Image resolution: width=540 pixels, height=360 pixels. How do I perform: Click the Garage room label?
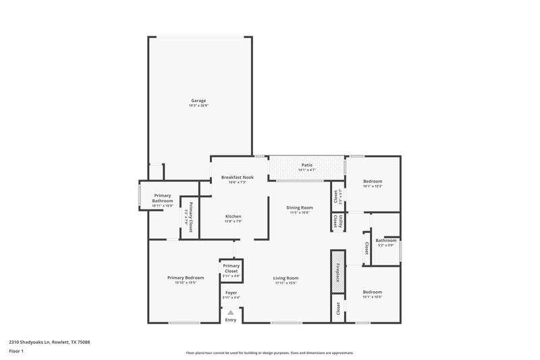[x=198, y=101]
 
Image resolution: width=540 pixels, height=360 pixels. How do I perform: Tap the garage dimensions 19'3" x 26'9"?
[x=198, y=106]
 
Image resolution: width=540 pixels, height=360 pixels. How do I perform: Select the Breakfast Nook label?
[x=234, y=177]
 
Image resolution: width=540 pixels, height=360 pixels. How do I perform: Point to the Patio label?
[x=306, y=165]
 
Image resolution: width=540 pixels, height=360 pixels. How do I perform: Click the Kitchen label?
[x=234, y=216]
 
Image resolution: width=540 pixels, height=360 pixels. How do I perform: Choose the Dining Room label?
[x=299, y=207]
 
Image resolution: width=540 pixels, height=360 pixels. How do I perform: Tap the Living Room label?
[x=286, y=278]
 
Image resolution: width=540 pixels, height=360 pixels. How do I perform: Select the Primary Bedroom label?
[x=186, y=278]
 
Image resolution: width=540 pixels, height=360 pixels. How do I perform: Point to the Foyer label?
[x=231, y=292]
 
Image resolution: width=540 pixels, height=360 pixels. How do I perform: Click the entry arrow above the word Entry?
[x=231, y=313]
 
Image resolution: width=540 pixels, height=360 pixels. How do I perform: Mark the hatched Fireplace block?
[x=337, y=271]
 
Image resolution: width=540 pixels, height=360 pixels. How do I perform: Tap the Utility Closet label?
[x=336, y=222]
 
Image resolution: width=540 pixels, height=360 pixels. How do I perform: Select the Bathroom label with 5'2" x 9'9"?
[x=385, y=240]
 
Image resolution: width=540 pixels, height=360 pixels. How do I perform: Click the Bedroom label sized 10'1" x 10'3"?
[x=373, y=181]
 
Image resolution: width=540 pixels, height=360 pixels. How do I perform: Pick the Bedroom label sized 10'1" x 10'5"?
[x=372, y=292]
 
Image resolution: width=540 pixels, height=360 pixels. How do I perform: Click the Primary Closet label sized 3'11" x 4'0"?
[x=231, y=269]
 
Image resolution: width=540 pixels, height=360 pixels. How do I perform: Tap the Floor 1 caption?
[x=16, y=352]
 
